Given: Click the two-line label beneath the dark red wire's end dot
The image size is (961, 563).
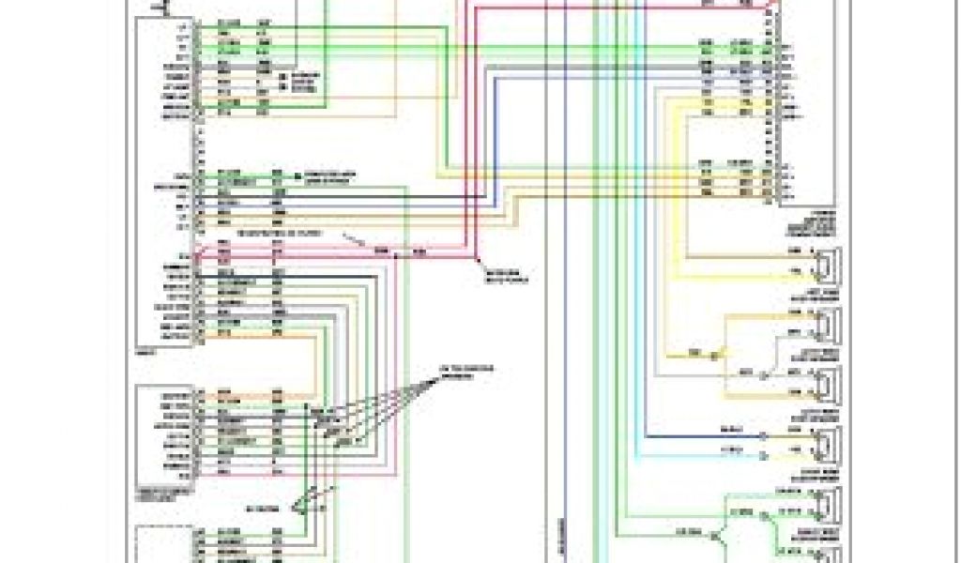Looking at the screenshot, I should (x=504, y=274).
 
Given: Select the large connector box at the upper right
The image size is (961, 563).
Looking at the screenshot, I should (x=806, y=103).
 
